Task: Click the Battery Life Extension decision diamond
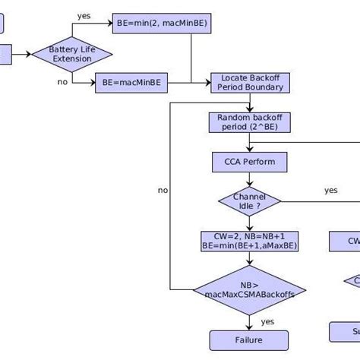(72, 54)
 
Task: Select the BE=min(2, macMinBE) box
(163, 24)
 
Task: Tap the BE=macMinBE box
(131, 83)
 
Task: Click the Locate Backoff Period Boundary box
(250, 83)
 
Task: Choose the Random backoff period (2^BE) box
(249, 122)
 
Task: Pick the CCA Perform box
(249, 162)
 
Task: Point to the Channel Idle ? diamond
(249, 201)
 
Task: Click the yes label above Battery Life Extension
(84, 15)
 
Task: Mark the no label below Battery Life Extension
(62, 82)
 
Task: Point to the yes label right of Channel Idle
(331, 190)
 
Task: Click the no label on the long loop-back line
(163, 191)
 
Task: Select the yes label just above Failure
(267, 321)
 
